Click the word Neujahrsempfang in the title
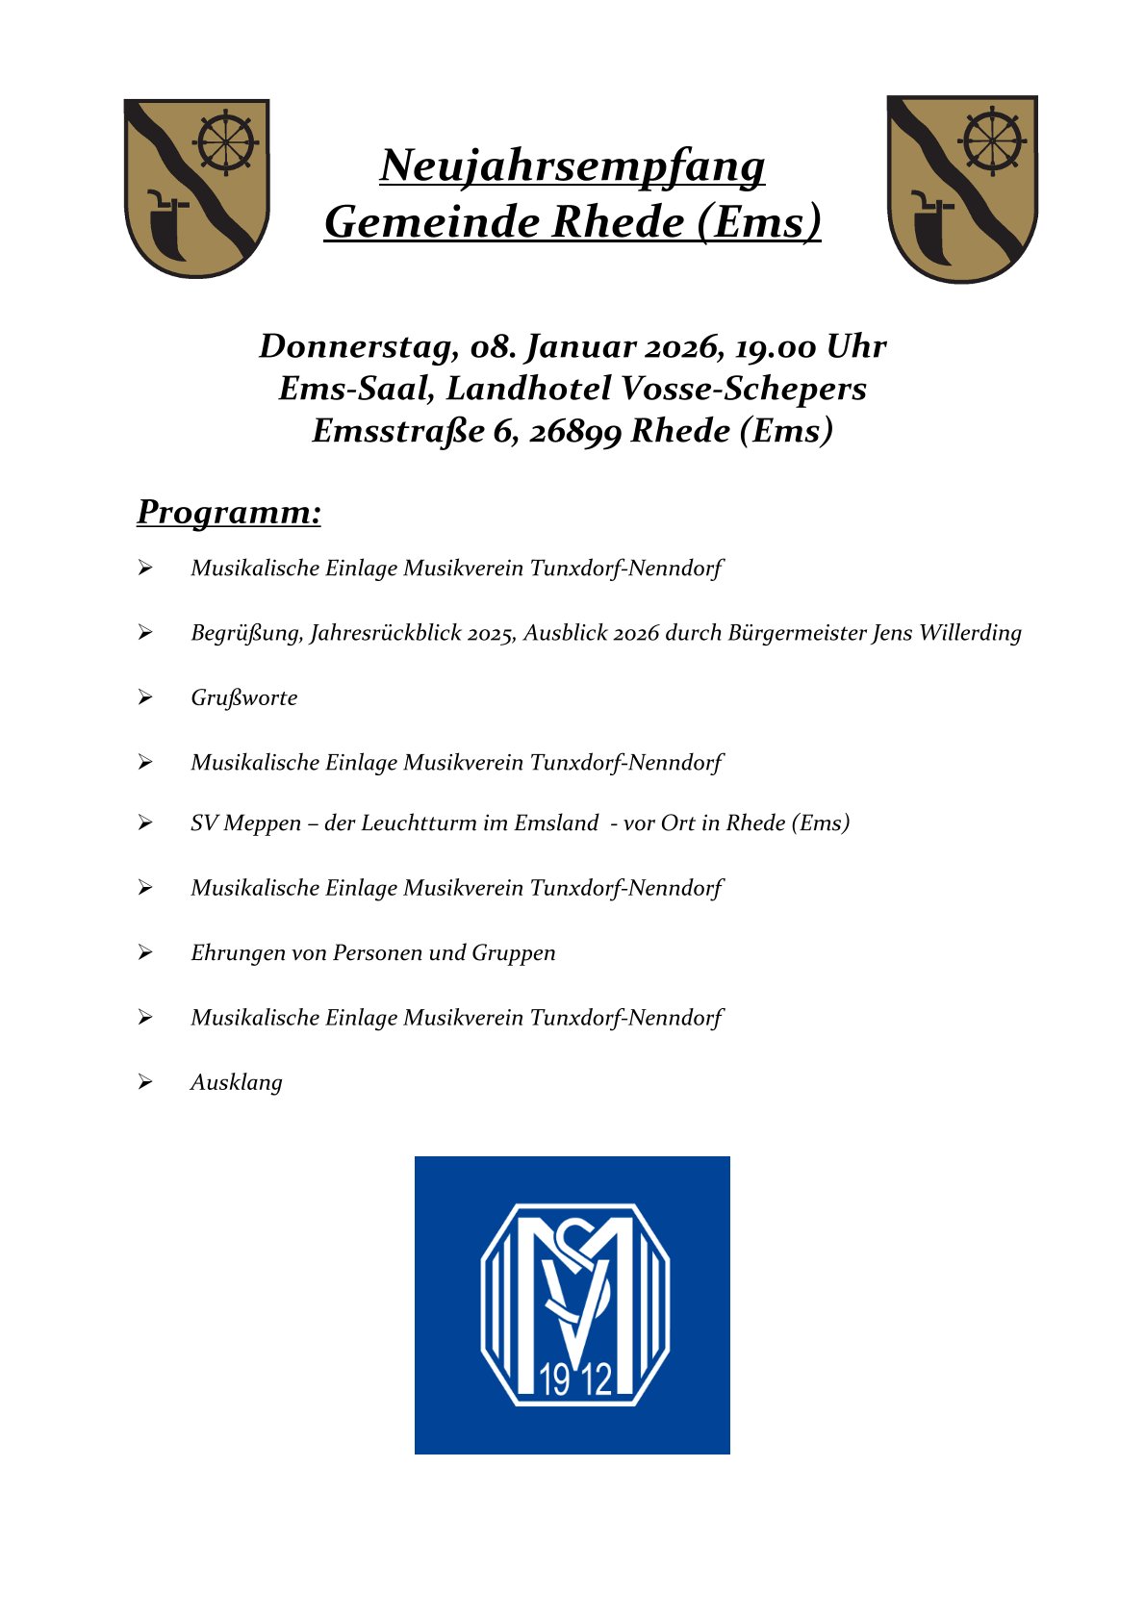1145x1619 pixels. click(572, 165)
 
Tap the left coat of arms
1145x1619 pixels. click(196, 188)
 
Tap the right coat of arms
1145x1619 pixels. click(961, 189)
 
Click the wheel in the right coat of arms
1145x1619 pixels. click(991, 141)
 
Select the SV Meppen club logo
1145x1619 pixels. click(572, 1304)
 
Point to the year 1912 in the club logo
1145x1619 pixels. click(575, 1379)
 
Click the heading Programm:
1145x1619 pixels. click(229, 512)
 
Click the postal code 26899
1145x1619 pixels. click(575, 431)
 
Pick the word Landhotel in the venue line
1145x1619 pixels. click(528, 389)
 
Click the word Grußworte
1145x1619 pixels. click(244, 697)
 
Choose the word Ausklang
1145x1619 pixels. click(237, 1082)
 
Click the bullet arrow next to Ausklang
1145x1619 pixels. click(145, 1082)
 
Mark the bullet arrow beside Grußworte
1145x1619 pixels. click(145, 697)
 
